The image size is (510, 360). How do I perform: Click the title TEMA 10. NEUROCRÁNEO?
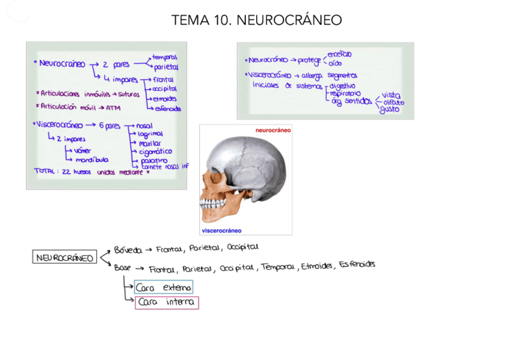point(256,20)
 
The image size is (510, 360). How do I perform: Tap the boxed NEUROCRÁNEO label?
point(64,258)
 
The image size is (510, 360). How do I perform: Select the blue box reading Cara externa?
point(164,287)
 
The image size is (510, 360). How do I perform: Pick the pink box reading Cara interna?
point(166,303)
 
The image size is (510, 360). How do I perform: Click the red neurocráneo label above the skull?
point(273,130)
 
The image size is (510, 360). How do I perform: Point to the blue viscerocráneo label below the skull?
point(222,230)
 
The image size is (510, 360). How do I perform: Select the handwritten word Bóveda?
point(128,249)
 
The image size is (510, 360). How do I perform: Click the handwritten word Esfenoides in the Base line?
point(357,264)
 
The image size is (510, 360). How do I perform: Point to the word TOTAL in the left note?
point(45,171)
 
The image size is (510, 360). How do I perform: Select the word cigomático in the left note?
point(155,152)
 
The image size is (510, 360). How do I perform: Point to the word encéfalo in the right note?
point(340,54)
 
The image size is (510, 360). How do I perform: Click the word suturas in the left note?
point(129,94)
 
